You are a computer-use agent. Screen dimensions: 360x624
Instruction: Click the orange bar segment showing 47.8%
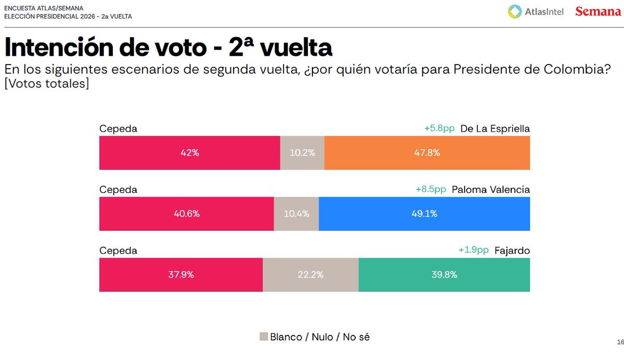(427, 153)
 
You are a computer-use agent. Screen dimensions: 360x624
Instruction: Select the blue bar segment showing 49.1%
(424, 214)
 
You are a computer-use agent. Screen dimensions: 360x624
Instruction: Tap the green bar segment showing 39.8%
(444, 275)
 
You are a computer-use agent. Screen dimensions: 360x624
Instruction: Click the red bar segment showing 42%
(190, 153)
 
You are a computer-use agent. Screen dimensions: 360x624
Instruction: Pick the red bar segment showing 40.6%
(187, 214)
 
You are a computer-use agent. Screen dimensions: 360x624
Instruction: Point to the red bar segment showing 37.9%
(181, 275)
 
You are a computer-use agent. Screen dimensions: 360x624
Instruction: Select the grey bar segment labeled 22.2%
(310, 275)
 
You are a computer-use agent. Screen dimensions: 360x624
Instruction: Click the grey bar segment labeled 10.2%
(302, 153)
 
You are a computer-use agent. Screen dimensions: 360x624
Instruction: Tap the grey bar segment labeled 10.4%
(296, 214)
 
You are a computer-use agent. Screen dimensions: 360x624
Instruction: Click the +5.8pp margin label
(439, 128)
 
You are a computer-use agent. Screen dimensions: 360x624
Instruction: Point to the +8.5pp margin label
(431, 189)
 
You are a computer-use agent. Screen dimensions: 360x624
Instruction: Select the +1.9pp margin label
(473, 250)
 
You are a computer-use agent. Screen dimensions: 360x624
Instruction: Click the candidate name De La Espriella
(495, 128)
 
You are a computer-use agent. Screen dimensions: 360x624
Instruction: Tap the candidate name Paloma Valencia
(491, 189)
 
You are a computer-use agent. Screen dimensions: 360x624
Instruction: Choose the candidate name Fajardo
(512, 250)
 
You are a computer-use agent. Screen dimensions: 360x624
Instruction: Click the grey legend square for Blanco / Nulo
(263, 337)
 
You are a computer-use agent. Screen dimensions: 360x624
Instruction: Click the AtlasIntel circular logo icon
(515, 11)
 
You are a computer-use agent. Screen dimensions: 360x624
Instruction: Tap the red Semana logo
(598, 11)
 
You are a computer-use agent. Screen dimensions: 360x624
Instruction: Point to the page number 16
(620, 342)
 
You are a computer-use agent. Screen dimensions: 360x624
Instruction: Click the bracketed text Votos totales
(46, 83)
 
